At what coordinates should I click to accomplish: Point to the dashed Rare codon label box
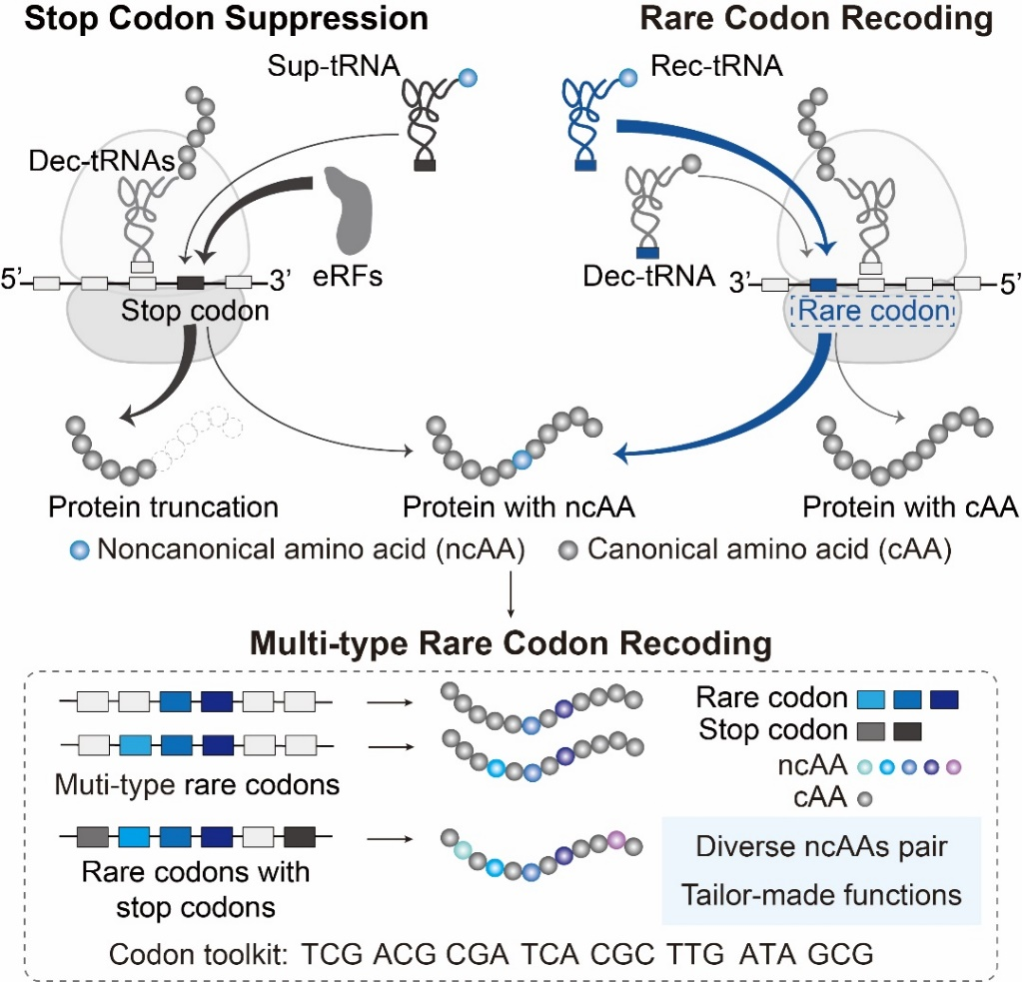click(872, 312)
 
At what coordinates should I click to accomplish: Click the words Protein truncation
click(164, 507)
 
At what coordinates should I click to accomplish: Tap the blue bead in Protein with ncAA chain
click(519, 459)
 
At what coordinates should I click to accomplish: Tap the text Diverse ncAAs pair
click(821, 849)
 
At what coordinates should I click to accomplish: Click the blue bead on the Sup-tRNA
click(470, 77)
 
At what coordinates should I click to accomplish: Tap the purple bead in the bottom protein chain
click(615, 840)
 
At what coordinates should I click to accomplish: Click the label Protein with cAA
click(910, 507)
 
